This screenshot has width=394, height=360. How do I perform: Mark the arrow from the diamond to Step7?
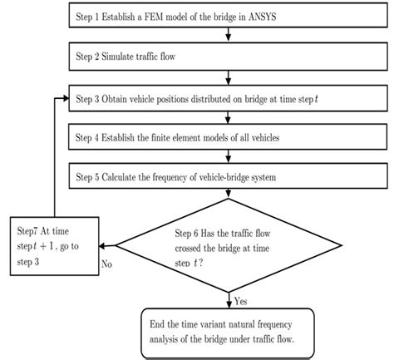click(x=106, y=244)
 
